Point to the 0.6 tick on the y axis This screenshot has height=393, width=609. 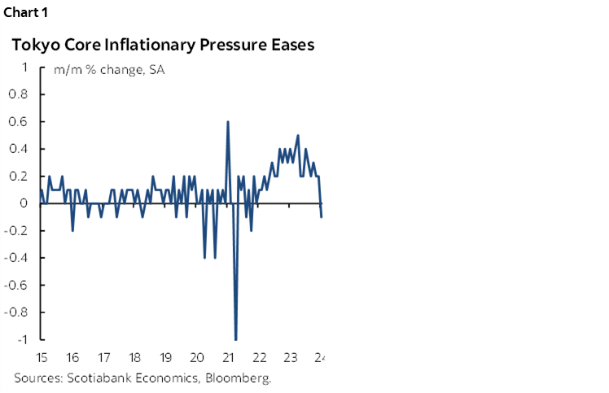[20, 122]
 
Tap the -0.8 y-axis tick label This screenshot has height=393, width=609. [17, 312]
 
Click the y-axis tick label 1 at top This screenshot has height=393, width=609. [26, 68]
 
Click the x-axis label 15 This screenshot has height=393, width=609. [42, 357]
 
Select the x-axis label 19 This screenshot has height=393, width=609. [165, 357]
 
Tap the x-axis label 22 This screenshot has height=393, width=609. [259, 357]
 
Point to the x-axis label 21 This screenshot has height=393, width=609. [228, 357]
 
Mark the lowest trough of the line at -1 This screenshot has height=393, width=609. [236, 339]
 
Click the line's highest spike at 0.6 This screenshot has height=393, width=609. [228, 122]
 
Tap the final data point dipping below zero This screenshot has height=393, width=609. [322, 216]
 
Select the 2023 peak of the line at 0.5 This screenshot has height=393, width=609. [298, 135]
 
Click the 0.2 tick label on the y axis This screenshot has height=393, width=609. [20, 177]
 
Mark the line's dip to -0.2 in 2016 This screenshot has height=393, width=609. [72, 230]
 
